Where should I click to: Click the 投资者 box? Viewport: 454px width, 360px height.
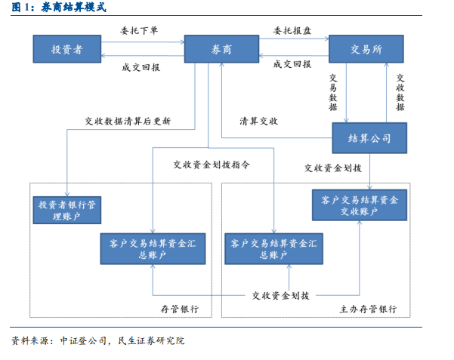pos(66,50)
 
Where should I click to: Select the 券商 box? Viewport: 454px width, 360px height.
pos(221,50)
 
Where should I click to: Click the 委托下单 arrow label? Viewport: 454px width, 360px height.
pos(139,32)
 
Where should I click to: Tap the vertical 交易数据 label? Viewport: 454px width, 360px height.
pos(333,93)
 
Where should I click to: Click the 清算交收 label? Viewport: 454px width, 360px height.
pos(259,122)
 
